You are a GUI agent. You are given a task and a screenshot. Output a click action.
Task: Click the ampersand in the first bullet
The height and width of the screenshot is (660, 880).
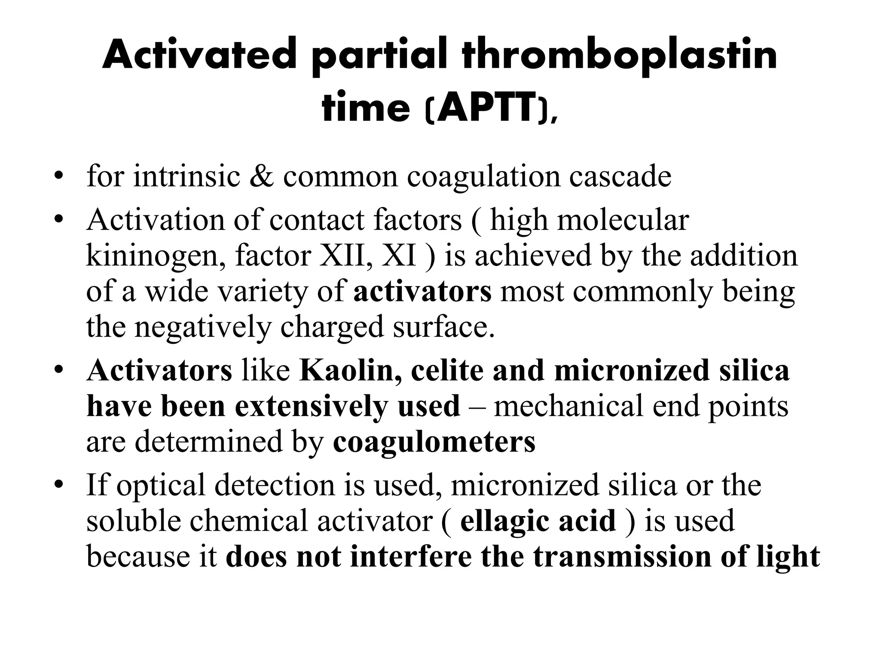pos(261,176)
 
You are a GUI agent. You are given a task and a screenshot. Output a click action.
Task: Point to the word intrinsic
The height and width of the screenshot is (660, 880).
pos(186,176)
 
